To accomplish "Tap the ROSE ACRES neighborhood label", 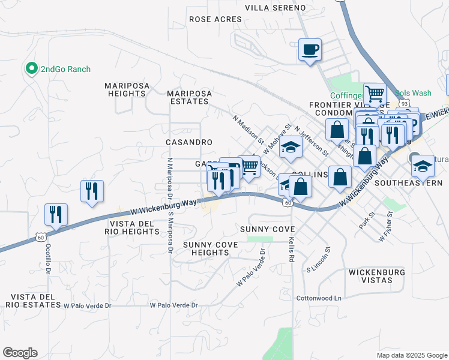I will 215,19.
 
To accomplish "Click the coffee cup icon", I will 310,49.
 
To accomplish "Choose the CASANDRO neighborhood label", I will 189,142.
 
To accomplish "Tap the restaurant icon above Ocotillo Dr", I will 56,214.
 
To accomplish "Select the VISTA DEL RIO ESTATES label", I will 31,301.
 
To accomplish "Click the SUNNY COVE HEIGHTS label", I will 211,249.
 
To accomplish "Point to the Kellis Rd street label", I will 292,249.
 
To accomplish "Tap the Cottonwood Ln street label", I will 318,298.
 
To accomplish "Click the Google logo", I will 20,353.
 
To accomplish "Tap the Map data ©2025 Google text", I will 411,355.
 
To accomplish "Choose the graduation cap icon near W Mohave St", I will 290,148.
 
